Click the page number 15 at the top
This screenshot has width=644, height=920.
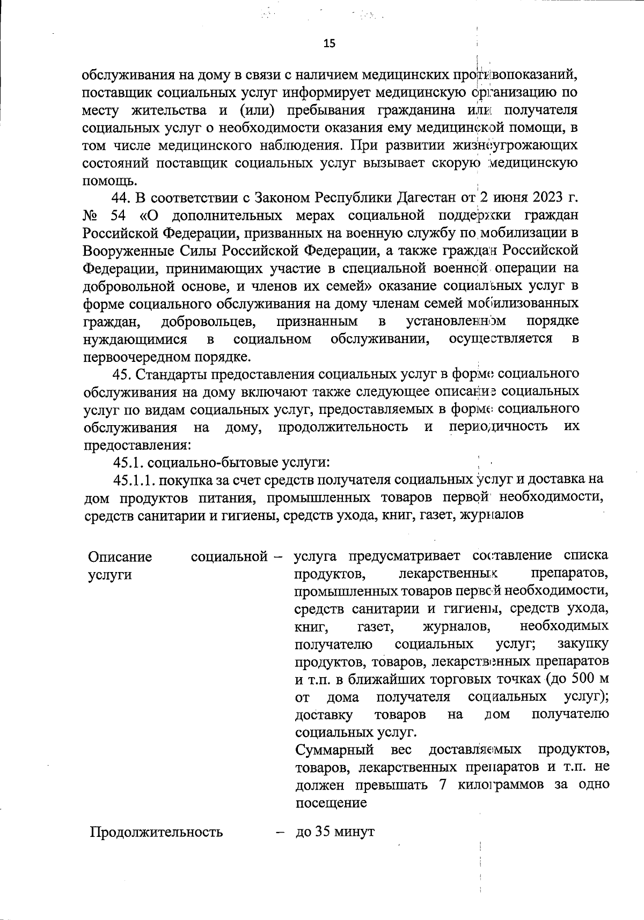click(x=330, y=43)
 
